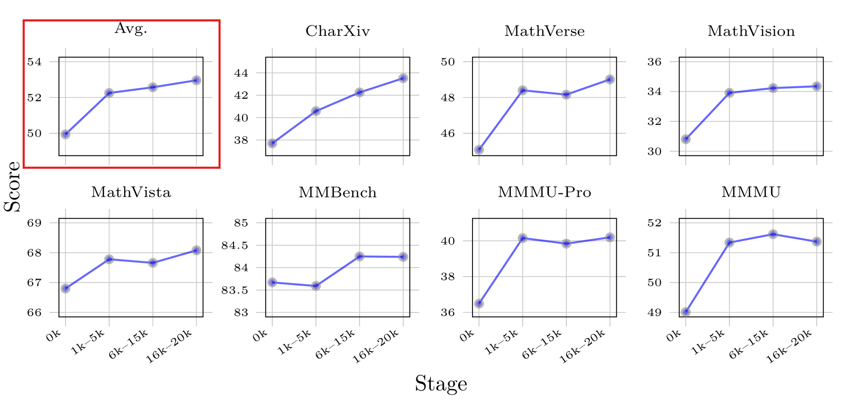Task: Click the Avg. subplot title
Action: (x=130, y=29)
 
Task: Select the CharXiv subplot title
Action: (x=337, y=31)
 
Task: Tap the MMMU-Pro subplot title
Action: (x=544, y=192)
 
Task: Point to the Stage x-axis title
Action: (x=441, y=383)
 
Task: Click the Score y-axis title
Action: (x=12, y=187)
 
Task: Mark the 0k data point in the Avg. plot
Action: (x=65, y=134)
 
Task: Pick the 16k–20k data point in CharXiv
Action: (x=403, y=78)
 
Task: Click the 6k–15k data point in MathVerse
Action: (x=566, y=95)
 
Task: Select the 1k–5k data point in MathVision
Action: (x=729, y=93)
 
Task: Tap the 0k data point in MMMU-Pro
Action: (x=479, y=303)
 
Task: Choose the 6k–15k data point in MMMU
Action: (x=773, y=234)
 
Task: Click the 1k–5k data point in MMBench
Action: (x=316, y=286)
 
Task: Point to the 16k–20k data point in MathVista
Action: (x=196, y=250)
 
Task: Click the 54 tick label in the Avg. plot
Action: (x=34, y=62)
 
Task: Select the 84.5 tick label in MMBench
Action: (x=235, y=245)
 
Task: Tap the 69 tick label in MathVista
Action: (x=34, y=223)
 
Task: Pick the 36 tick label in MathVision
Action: (x=654, y=62)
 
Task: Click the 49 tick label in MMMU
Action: (x=654, y=313)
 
